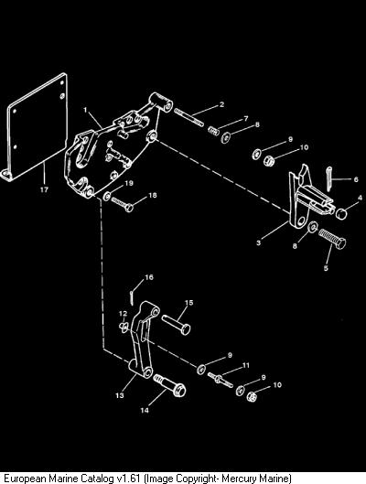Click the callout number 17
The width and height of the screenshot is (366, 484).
(44, 189)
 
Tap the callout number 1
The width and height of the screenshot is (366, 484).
(85, 110)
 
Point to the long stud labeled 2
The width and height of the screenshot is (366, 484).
(188, 117)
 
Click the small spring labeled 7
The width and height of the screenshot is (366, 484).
(213, 130)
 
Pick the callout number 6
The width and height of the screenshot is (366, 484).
(356, 179)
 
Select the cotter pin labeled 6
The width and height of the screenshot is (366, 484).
(329, 178)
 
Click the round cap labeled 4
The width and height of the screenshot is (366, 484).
(340, 213)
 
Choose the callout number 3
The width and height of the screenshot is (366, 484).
(259, 242)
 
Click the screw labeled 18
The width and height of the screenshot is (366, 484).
(123, 204)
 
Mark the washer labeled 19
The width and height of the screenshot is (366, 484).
(107, 195)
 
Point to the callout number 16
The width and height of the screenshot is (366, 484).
(149, 277)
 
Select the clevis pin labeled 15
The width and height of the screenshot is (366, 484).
(177, 324)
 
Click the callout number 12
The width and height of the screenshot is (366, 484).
(124, 314)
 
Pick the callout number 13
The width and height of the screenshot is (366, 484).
(120, 395)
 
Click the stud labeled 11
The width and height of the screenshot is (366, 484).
(221, 379)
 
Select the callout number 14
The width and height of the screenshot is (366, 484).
(145, 410)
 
